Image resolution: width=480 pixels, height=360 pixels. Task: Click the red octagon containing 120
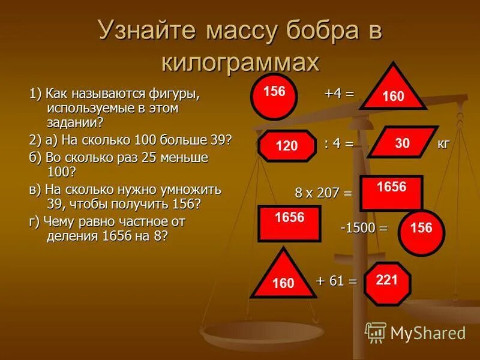pos(287,146)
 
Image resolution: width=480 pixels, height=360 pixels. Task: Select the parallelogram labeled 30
pos(403,142)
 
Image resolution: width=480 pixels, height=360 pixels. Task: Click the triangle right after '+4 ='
pos(392,91)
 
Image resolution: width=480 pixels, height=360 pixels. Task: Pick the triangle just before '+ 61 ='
pos(283,277)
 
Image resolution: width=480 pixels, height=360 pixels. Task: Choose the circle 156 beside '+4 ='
pos(274,97)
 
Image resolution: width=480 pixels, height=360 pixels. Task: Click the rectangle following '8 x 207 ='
pos(391,193)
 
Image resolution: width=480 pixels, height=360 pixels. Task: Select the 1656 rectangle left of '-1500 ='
pos(289,223)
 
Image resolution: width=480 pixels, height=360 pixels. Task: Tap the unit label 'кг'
pos(443,144)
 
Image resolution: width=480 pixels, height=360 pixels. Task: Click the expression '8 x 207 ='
pos(323,193)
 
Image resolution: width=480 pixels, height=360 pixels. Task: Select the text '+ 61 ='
pos(336,280)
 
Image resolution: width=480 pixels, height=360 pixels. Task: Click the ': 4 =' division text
pos(338,144)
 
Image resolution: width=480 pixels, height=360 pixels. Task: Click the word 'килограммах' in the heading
pos(240,62)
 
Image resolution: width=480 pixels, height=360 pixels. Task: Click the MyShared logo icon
pos(376,332)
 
